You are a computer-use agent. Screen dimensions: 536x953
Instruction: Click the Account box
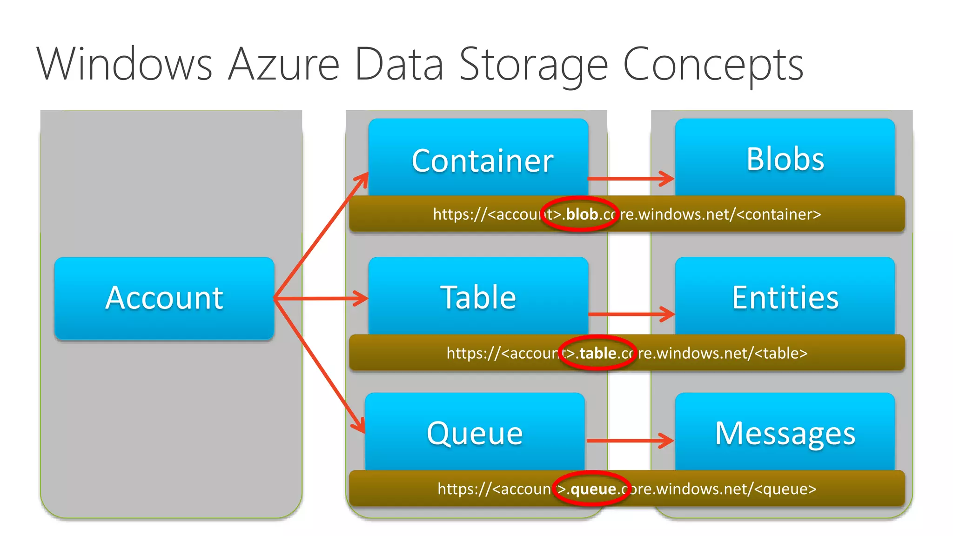164,298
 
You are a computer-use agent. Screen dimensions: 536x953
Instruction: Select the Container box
478,158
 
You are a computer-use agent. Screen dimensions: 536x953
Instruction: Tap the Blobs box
785,158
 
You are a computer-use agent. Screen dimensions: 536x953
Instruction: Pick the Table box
478,297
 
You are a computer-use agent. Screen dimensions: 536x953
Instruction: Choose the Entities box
785,297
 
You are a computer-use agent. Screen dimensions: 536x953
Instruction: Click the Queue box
475,433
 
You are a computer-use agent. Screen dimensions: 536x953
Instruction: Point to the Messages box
785,433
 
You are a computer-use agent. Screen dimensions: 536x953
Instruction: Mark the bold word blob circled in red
582,214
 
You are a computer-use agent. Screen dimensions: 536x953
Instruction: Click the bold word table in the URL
597,353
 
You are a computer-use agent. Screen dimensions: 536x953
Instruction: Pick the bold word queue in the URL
593,489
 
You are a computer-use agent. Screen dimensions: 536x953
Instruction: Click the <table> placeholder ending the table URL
781,353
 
